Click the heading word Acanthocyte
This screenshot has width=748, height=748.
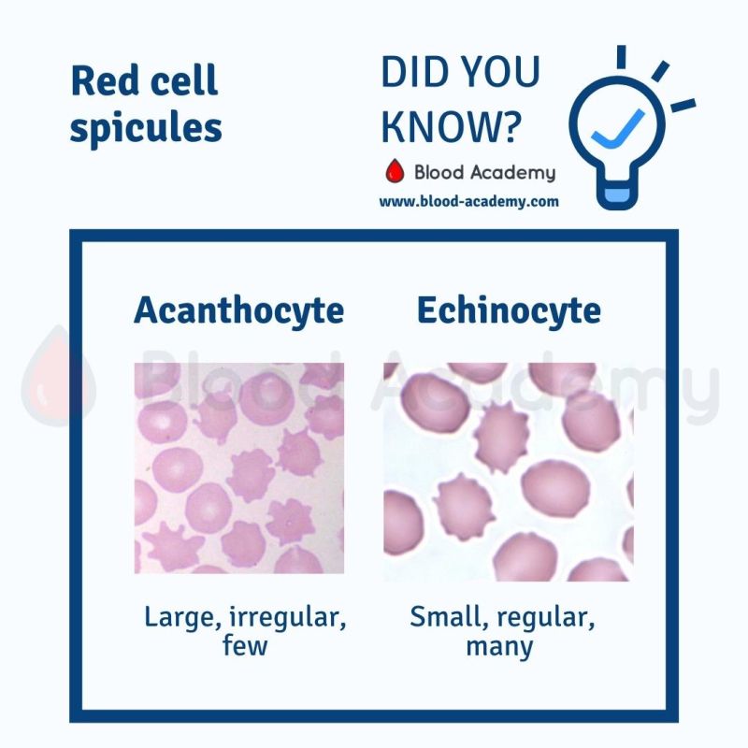(x=238, y=310)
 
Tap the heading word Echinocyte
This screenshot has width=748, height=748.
(x=509, y=310)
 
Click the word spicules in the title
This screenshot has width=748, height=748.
(x=146, y=127)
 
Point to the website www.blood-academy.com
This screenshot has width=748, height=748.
(x=468, y=201)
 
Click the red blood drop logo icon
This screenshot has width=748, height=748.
(x=395, y=172)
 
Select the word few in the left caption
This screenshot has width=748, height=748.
(x=245, y=645)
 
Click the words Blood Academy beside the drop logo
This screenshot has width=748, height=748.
(x=483, y=173)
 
